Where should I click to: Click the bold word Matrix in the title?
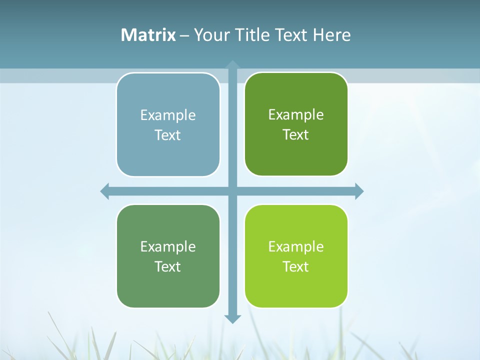(148, 35)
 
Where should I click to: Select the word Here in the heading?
(331, 35)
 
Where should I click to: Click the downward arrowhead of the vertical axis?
(232, 318)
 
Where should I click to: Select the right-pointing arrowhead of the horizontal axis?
(359, 191)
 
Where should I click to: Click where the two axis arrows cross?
(232, 191)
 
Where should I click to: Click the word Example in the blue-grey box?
(168, 115)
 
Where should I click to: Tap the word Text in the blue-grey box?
(168, 135)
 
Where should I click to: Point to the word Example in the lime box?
(296, 246)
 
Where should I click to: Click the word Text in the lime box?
(296, 266)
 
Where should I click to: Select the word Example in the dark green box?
(296, 115)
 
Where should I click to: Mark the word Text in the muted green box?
(168, 266)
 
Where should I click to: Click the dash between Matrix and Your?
(184, 35)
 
